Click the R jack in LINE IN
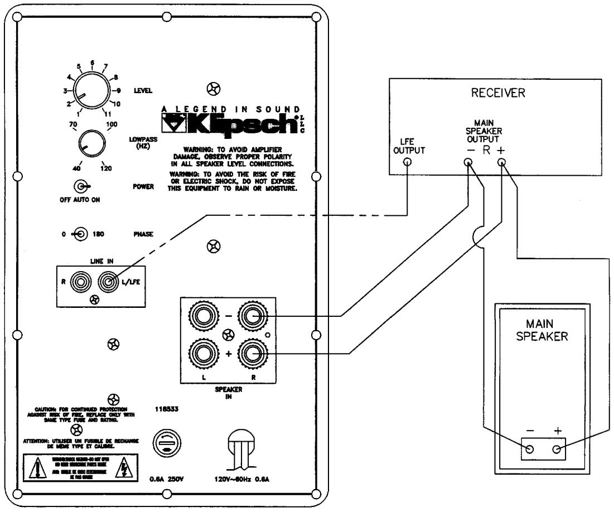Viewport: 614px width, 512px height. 81,282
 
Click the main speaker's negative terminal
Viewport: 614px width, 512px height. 529,450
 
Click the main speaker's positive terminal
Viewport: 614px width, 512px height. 555,450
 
